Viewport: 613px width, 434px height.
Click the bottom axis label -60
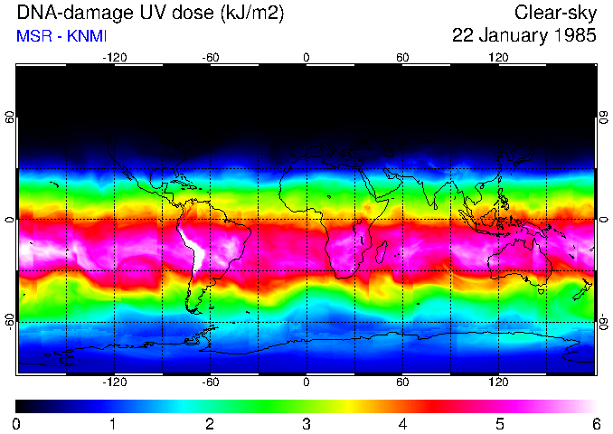(211, 382)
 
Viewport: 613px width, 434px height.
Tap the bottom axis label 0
(306, 382)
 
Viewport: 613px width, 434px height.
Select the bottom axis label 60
(402, 382)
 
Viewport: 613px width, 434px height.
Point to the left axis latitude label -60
(10, 321)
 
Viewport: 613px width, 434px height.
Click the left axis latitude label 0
(10, 220)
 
